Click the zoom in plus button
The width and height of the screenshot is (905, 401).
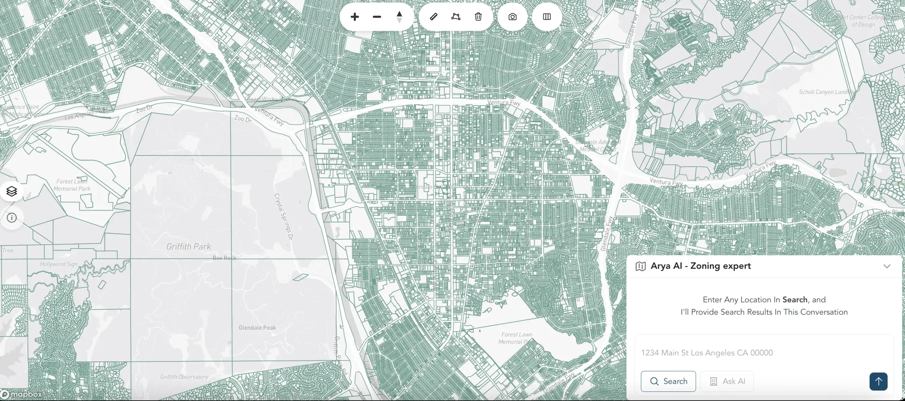pyautogui.click(x=355, y=17)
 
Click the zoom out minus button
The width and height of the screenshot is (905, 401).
pyautogui.click(x=377, y=17)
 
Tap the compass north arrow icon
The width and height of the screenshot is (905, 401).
pyautogui.click(x=399, y=17)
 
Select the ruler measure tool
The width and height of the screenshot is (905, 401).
pyautogui.click(x=434, y=17)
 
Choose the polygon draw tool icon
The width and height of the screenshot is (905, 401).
pyautogui.click(x=456, y=17)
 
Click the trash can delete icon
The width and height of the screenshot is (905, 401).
pyautogui.click(x=478, y=17)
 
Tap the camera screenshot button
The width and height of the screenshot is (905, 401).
pyautogui.click(x=512, y=17)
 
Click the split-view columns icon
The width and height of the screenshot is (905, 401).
pyautogui.click(x=547, y=17)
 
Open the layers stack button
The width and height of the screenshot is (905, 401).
pyautogui.click(x=12, y=191)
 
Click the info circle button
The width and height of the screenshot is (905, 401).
pyautogui.click(x=12, y=218)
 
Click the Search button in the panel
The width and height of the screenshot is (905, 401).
pyautogui.click(x=668, y=381)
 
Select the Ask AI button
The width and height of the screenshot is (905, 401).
pyautogui.click(x=727, y=381)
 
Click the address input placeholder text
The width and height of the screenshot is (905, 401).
pyautogui.click(x=707, y=353)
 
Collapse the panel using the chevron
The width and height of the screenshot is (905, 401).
pyautogui.click(x=887, y=266)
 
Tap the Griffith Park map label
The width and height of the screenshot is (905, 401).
pyautogui.click(x=188, y=246)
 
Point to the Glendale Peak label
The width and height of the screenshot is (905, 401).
pyautogui.click(x=257, y=328)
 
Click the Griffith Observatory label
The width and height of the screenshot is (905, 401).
pyautogui.click(x=184, y=377)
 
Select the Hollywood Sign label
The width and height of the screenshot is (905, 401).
pyautogui.click(x=59, y=264)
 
